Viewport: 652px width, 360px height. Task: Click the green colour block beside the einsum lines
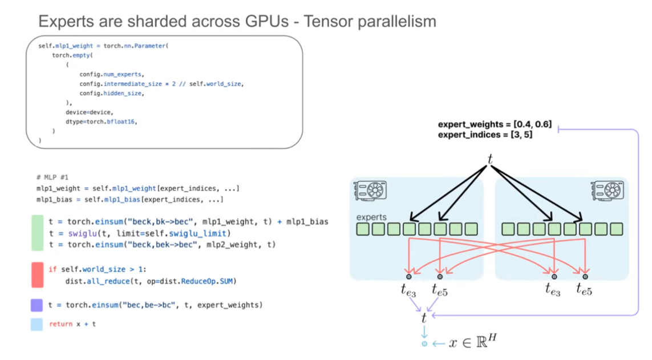38,233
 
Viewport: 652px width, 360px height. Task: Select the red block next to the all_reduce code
38,274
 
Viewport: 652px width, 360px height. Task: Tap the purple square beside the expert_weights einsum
37,305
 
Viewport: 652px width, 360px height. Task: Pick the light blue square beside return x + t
37,324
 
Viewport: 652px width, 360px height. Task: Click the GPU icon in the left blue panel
370,190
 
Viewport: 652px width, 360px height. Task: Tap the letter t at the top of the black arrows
490,159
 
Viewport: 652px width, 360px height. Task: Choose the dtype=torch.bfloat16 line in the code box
102,122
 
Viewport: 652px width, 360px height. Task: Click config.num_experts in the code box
112,75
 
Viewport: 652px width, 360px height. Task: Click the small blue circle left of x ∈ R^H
424,344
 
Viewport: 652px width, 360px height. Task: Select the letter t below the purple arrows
423,318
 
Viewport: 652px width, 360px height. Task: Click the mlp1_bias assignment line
129,200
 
